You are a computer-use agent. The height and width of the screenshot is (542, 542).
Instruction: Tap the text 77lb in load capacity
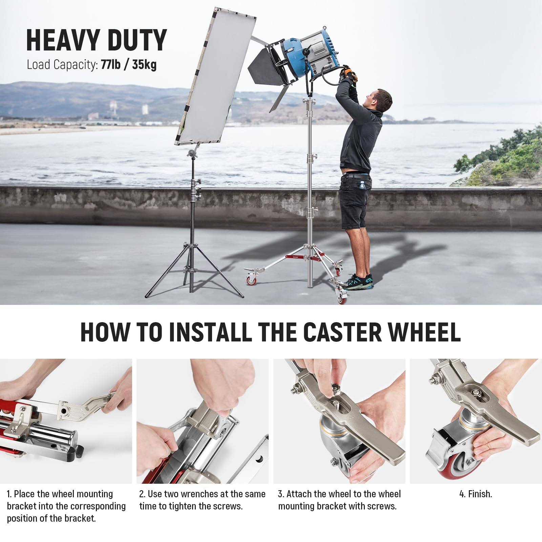tap(110, 64)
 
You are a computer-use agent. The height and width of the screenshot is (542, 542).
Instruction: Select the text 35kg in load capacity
tap(144, 64)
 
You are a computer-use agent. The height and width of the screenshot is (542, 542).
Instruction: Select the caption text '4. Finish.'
tap(476, 494)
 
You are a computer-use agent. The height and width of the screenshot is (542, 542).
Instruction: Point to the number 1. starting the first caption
tap(10, 494)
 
